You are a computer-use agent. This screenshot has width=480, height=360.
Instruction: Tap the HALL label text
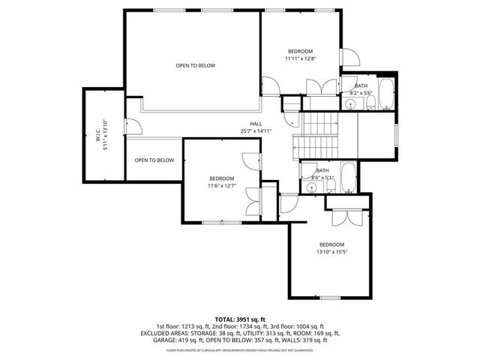256,124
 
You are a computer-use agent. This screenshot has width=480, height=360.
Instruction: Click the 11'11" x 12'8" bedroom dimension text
301,58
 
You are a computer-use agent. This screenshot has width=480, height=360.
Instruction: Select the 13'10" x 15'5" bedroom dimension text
331,252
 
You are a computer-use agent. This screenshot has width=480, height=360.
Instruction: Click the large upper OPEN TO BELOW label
195,66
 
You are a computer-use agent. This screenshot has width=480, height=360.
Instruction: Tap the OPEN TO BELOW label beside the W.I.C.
154,160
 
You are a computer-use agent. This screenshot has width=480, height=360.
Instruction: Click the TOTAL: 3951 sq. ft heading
240,319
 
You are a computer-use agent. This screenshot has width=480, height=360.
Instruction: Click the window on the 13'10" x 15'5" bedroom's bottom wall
331,297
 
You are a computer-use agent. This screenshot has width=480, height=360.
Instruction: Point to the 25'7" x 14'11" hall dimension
256,131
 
